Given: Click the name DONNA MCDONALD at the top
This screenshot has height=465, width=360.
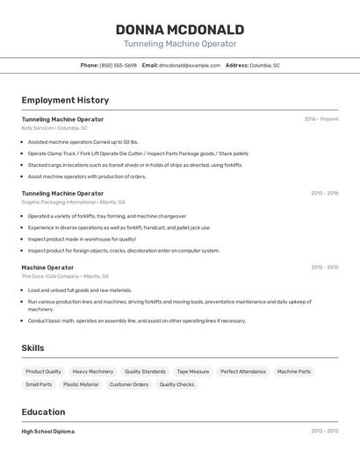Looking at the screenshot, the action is tap(180, 27).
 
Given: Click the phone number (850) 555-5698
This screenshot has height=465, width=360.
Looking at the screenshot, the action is tap(119, 65).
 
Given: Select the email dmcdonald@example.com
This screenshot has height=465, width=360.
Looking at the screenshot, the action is tap(190, 65).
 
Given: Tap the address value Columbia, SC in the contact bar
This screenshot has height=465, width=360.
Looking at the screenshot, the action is tap(264, 65).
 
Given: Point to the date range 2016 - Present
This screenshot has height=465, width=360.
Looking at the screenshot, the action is tap(320, 119).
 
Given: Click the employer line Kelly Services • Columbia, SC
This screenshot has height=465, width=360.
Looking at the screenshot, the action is tap(54, 128).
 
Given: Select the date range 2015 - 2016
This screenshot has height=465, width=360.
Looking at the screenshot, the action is tap(324, 193).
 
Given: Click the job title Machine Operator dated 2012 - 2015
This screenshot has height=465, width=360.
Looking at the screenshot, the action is tap(47, 268).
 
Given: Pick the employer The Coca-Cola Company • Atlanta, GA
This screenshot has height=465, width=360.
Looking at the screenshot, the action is tap(67, 276).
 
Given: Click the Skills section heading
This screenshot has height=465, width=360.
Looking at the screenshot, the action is tap(32, 348).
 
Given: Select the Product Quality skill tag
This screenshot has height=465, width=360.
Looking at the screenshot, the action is tap(43, 371).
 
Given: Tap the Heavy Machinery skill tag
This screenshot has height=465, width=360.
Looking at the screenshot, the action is tap(92, 371).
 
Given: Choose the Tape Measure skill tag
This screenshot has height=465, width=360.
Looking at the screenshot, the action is tap(192, 371).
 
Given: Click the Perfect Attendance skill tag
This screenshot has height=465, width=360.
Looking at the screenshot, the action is tap(243, 371).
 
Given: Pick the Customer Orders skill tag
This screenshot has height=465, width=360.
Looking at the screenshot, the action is tap(128, 384).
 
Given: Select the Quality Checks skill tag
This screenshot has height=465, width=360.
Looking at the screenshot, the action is tap(176, 384).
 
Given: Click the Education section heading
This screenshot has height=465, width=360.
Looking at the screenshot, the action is tap(43, 412).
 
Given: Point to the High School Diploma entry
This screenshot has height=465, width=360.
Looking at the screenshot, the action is tap(48, 432).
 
